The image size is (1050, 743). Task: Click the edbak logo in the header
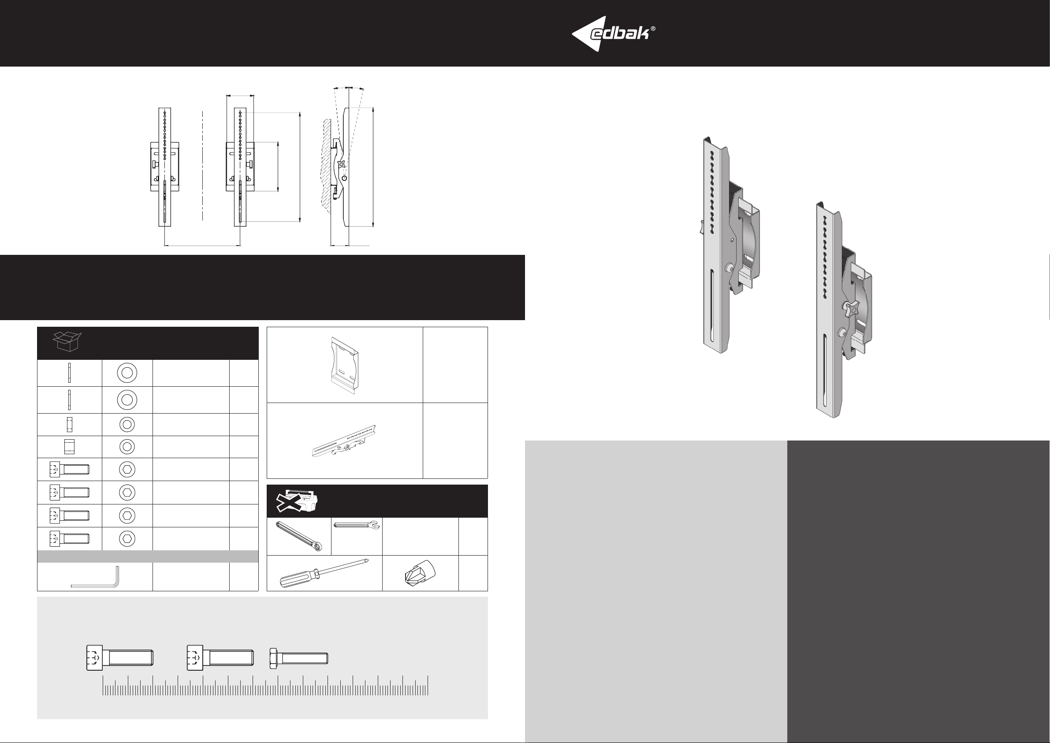(613, 34)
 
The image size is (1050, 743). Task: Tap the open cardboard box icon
(67, 341)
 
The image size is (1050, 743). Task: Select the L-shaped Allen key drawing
(96, 577)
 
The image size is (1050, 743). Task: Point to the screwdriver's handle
(298, 579)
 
